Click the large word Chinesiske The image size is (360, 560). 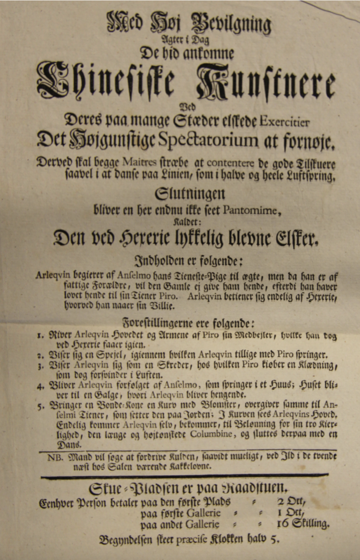click(x=106, y=83)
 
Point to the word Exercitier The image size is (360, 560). click(x=284, y=122)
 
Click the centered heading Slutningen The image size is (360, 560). click(x=190, y=194)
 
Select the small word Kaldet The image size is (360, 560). click(x=182, y=222)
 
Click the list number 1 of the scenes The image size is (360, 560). click(x=40, y=336)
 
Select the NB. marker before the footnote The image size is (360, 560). click(x=56, y=457)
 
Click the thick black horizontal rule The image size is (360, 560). click(x=184, y=476)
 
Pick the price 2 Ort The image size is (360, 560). click(x=291, y=502)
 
